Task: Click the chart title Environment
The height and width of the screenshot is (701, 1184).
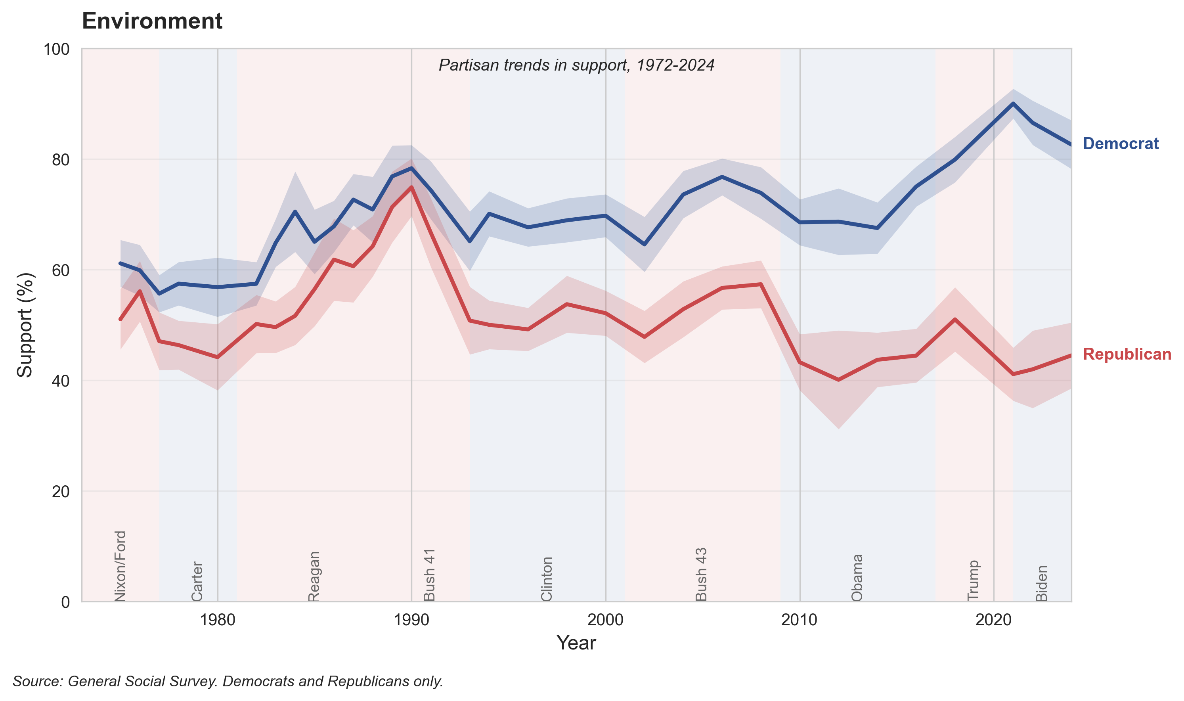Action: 152,21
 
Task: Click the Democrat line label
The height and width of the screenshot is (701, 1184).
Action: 1120,144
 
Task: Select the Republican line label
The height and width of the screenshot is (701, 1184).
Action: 1127,354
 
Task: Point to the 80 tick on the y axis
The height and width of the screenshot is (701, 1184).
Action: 60,160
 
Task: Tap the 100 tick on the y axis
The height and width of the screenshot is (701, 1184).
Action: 56,49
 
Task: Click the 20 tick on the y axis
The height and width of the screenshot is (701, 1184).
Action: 60,492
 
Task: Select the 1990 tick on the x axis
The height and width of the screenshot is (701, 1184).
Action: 411,620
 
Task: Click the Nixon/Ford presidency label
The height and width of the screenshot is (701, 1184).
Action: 121,566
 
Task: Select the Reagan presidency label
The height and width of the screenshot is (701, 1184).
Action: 314,576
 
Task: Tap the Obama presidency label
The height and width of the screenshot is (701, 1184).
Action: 857,577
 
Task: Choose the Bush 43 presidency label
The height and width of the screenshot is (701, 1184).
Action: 702,574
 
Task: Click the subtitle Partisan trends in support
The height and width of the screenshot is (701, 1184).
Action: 576,65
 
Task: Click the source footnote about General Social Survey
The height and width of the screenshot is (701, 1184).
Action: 228,681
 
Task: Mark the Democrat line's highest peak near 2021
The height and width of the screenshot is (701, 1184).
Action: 1013,103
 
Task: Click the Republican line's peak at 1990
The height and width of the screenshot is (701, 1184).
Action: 411,187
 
